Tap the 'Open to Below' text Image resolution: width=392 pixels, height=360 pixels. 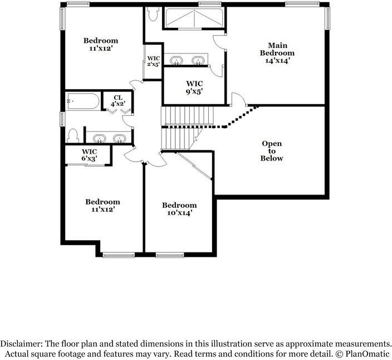point(272,151)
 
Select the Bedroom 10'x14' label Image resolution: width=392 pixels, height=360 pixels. point(179,209)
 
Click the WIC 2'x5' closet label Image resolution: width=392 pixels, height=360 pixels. point(153,61)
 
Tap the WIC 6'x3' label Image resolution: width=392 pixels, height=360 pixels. point(89,155)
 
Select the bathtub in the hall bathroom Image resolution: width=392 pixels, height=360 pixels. point(82,101)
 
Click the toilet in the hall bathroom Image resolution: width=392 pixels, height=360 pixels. point(72,135)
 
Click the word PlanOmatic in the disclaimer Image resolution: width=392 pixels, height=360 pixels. point(367,354)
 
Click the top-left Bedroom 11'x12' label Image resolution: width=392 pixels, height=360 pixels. point(101,44)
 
